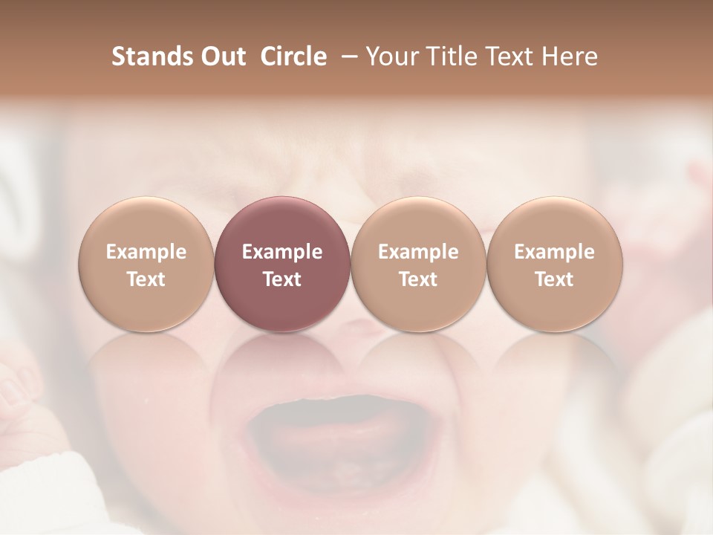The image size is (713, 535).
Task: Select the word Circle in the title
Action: [293, 56]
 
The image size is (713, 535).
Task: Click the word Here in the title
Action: [568, 56]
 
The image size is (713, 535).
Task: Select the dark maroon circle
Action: [282, 264]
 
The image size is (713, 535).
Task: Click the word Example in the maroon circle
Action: [282, 252]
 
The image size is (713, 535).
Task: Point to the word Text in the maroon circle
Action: [282, 279]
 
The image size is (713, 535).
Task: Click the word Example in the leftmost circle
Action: [146, 252]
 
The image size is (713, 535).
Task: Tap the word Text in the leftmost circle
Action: [146, 279]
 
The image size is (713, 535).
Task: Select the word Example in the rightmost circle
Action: [555, 252]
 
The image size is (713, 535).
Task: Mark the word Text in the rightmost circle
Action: [555, 279]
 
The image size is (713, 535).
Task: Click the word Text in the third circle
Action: [418, 279]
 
